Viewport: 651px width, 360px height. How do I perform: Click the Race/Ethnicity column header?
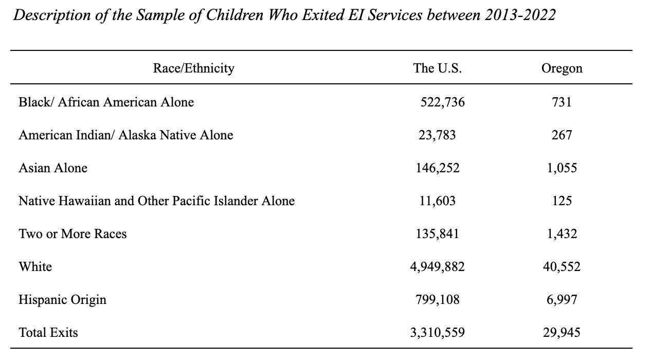tap(193, 68)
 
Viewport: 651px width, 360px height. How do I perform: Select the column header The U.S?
tap(438, 68)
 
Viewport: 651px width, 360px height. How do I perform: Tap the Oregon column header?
tap(562, 69)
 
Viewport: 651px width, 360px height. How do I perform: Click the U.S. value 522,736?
tap(443, 102)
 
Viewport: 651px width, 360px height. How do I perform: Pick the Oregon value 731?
tap(562, 102)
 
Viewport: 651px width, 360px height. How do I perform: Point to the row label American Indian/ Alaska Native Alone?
tap(126, 135)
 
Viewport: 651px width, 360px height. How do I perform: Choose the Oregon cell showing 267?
tap(562, 135)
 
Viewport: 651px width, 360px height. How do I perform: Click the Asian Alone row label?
tap(53, 168)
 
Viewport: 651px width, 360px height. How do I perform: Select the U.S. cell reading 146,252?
tap(438, 168)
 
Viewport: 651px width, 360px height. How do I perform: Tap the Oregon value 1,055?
tap(562, 168)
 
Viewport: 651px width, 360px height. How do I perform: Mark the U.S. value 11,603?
tap(438, 201)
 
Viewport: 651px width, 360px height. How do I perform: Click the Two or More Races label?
tap(73, 234)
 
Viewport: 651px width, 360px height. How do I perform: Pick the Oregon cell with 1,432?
tap(562, 234)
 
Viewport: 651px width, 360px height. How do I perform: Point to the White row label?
tap(35, 267)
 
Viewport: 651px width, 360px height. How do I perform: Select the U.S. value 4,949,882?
tap(438, 267)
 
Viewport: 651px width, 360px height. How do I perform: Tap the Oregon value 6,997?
tap(562, 300)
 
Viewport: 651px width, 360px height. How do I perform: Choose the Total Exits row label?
tap(48, 333)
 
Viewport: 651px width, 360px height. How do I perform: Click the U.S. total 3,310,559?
tap(438, 333)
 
